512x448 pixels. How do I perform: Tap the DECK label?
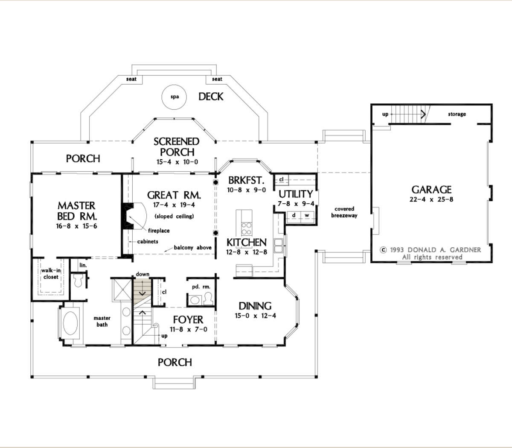coord(211,97)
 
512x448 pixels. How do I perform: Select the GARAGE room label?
coord(431,190)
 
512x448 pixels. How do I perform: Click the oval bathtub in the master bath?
coord(72,323)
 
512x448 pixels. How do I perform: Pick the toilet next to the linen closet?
coord(78,280)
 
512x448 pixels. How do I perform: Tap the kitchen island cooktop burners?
coord(246,228)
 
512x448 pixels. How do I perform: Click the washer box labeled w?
coord(306,215)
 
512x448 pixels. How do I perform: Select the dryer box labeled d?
coord(294,215)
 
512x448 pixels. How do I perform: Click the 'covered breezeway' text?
coord(344,212)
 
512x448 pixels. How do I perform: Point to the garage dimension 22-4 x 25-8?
coord(431,199)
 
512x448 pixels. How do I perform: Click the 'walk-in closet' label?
coord(51,273)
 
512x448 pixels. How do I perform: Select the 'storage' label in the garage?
coord(457,114)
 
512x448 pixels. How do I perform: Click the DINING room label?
coord(255,306)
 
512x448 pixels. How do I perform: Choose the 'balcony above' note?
coord(193,248)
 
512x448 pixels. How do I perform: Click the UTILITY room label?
coord(296,194)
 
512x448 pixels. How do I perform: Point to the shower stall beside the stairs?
coord(122,289)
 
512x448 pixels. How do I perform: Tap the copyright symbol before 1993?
coord(383,250)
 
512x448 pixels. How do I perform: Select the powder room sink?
coord(195,300)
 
